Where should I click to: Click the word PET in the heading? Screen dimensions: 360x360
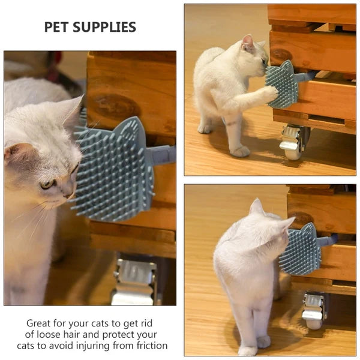58,27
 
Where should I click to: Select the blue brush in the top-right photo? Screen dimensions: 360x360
283,84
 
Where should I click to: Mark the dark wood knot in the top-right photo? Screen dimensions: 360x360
280,55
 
